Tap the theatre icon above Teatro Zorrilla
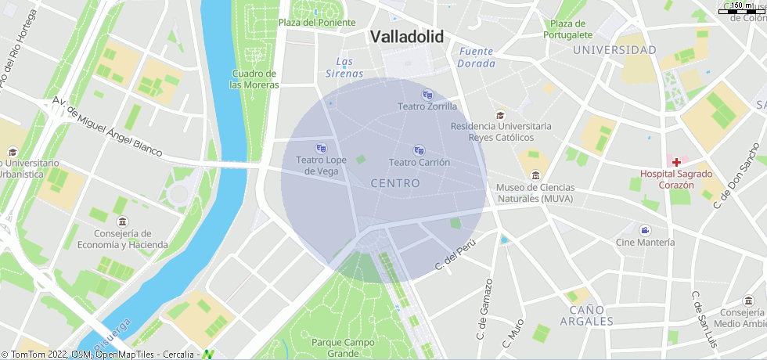point(427,95)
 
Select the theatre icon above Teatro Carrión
point(419,150)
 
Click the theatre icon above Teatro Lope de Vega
point(321,148)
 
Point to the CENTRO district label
point(395,183)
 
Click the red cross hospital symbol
point(676,161)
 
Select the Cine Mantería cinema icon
point(645,230)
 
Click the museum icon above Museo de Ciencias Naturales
point(535,175)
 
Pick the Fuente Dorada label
point(477,57)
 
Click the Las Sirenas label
point(345,68)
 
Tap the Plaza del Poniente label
point(317,23)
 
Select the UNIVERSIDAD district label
point(614,50)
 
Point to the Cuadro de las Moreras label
point(254,79)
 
